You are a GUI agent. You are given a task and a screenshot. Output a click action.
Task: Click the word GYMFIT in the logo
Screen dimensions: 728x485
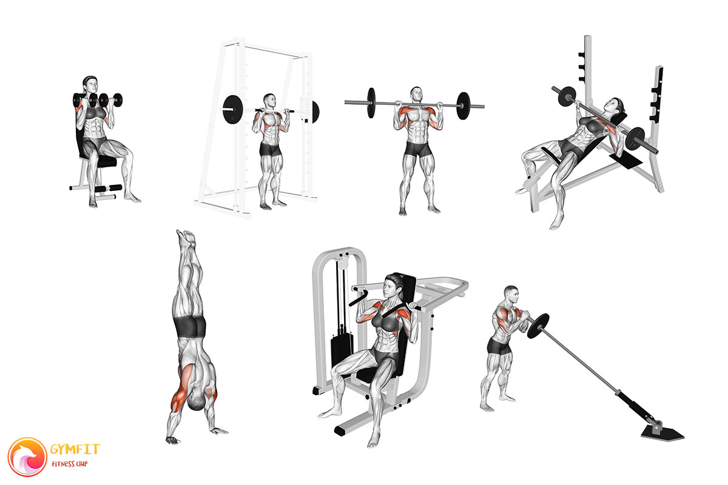(x=75, y=449)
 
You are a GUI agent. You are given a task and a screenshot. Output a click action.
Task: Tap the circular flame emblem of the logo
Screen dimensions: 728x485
(x=28, y=457)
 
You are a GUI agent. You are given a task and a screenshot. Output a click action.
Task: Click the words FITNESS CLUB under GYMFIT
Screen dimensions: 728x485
(x=70, y=464)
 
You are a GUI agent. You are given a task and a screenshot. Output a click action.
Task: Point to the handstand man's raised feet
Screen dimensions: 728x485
(x=186, y=236)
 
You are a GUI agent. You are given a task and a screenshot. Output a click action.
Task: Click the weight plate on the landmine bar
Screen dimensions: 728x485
(x=538, y=326)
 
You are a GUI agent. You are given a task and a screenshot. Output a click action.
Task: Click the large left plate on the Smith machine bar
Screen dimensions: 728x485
(x=233, y=110)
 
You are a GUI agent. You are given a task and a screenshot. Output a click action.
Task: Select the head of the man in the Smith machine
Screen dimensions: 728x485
(x=270, y=101)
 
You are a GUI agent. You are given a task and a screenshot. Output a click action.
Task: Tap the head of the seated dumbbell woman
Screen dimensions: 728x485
(x=90, y=85)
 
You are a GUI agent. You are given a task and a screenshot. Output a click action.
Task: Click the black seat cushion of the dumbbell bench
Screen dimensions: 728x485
(x=104, y=161)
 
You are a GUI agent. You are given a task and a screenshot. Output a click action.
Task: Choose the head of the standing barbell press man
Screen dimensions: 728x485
(x=416, y=95)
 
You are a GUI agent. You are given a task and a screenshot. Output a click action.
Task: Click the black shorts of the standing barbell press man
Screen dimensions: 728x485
(x=418, y=149)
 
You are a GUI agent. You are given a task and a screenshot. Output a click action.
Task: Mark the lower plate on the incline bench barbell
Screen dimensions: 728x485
(x=635, y=139)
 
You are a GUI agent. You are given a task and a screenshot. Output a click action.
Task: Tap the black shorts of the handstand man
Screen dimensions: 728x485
(x=190, y=326)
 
